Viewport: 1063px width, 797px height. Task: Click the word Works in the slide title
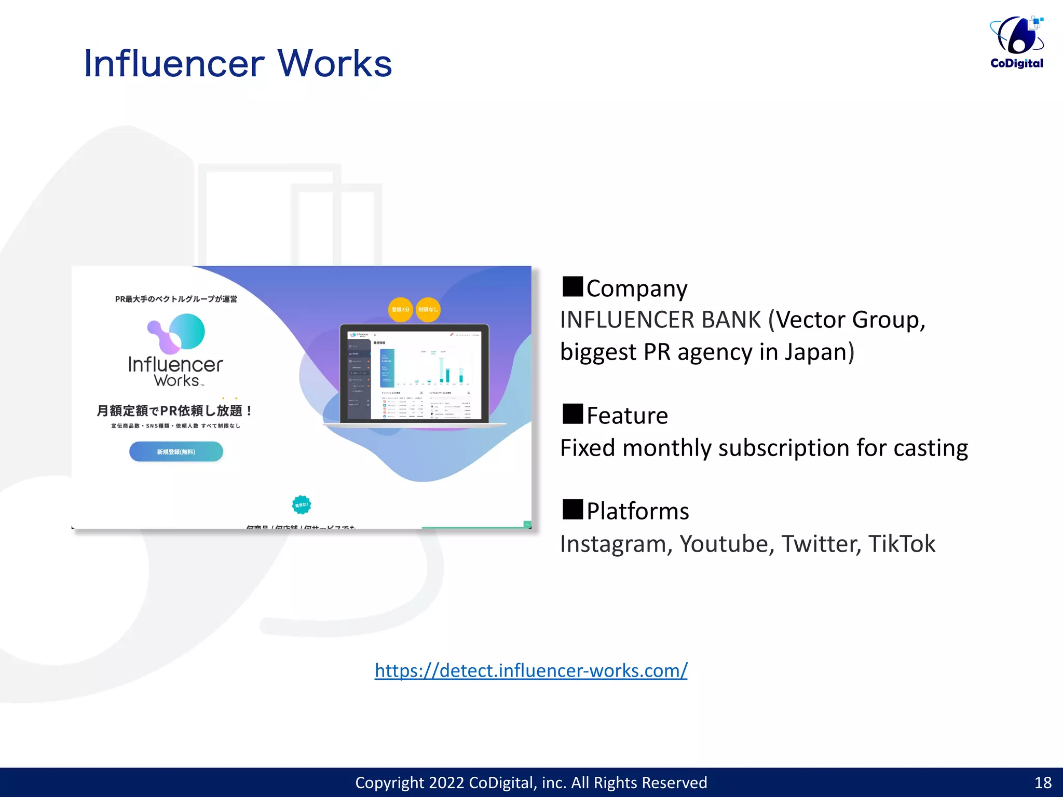coord(335,64)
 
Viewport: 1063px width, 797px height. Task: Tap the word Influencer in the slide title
coord(174,64)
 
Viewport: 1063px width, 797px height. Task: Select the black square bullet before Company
coord(573,286)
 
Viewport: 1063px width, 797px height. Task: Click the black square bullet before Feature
coord(573,414)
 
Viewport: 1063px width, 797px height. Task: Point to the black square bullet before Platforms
coord(573,510)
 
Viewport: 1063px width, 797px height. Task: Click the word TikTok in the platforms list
coord(902,544)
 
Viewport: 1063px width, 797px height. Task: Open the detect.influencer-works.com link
coord(531,670)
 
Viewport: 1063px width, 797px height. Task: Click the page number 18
coord(1043,782)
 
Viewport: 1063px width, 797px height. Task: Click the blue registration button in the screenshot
coord(176,451)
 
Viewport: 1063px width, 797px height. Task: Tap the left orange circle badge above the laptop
coord(400,310)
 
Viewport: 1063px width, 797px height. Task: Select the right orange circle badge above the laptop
coord(428,310)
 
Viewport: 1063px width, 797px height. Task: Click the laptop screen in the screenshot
coord(414,375)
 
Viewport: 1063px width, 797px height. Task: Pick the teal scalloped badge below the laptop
coord(302,504)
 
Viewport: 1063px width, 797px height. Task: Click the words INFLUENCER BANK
coord(660,320)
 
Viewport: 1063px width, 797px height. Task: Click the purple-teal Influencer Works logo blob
coord(176,333)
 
